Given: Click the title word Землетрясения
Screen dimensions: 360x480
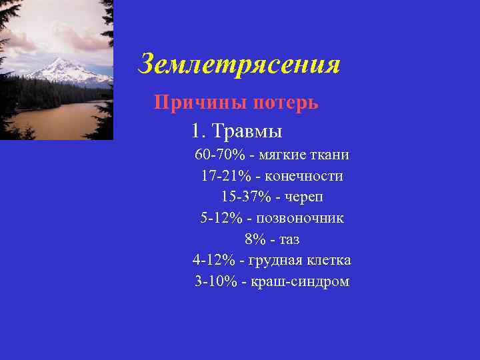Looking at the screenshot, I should [239, 65].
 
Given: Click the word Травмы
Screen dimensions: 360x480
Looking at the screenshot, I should [250, 130].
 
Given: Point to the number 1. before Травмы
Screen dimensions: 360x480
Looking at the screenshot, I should [197, 130].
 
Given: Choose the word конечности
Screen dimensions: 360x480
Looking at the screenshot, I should [304, 177].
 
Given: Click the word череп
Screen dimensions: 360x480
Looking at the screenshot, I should [305, 198].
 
